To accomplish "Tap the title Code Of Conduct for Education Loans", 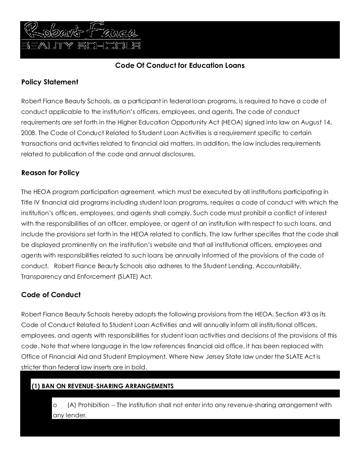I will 180,66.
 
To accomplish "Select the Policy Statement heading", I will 50,82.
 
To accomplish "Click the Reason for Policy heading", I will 50,173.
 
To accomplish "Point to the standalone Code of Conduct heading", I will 51,295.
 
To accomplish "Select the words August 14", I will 316,122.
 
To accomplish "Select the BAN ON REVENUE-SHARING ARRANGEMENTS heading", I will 108,386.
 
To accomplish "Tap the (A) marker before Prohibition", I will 72,405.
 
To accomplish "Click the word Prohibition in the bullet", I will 94,405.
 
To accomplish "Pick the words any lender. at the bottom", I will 70,415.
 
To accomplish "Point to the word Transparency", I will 41,277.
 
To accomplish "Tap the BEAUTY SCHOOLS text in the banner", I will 81,45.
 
